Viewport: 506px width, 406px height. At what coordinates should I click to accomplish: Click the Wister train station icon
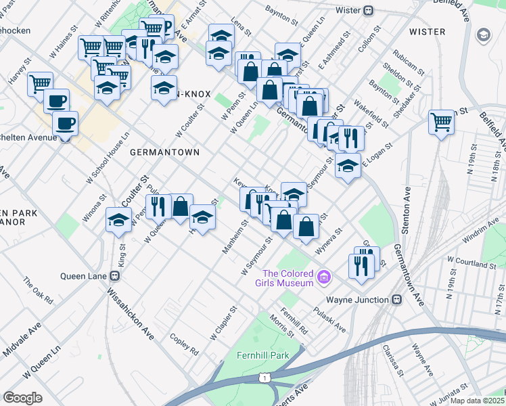pos(369,10)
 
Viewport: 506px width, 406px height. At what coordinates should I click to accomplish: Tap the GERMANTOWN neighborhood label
pos(164,152)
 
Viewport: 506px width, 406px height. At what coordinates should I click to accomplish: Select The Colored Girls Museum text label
pos(289,277)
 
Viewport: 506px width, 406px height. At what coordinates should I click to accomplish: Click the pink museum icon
pos(325,276)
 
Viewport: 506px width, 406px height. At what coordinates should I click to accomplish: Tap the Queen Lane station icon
pos(115,275)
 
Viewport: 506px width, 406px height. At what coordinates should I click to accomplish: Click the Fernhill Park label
pos(263,355)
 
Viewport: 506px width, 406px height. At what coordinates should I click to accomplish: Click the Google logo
pos(22,397)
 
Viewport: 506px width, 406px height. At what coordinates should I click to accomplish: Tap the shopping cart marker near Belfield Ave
pos(441,122)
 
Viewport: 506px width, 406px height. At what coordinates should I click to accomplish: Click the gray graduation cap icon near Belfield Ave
pos(484,35)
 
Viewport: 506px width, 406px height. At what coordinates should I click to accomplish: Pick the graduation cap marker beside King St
pos(119,219)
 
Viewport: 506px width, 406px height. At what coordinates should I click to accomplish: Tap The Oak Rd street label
pos(38,289)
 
